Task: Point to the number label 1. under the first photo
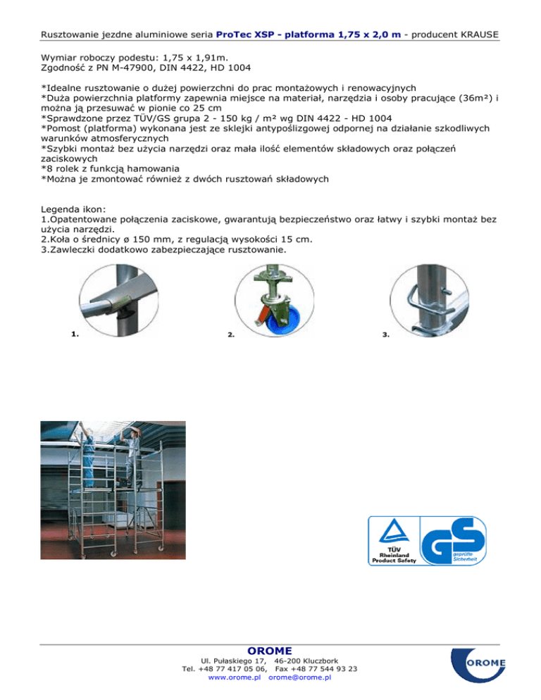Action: (x=75, y=334)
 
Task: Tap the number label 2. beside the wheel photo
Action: (x=232, y=336)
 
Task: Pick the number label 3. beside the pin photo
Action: (x=386, y=336)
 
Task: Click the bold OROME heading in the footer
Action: (x=270, y=649)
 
